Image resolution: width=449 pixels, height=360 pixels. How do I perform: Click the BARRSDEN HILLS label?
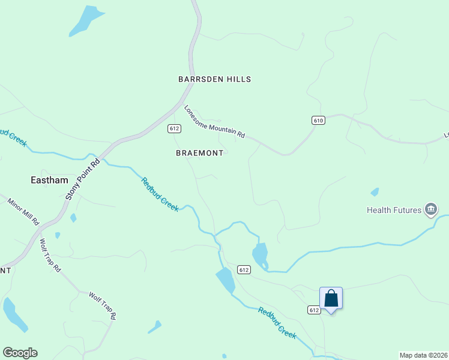(x=214, y=79)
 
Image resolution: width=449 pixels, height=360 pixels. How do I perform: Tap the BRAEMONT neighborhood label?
(x=199, y=153)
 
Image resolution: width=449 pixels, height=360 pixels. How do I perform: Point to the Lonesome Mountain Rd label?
(x=215, y=122)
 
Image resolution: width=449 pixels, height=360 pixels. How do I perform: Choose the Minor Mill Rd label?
(x=23, y=211)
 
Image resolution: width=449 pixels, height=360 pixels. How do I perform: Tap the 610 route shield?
(x=318, y=121)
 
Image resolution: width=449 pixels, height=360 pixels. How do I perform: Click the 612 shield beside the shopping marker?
(x=314, y=310)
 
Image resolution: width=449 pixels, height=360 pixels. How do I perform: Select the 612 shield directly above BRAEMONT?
(x=175, y=128)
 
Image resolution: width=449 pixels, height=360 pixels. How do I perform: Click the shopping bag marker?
(x=331, y=298)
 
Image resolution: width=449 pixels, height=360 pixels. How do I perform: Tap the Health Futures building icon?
(x=430, y=209)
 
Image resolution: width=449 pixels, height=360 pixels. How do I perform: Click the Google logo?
(x=20, y=353)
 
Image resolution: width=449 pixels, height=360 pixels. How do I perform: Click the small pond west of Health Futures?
(x=375, y=192)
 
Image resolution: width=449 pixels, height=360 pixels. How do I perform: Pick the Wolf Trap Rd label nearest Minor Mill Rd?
(x=50, y=256)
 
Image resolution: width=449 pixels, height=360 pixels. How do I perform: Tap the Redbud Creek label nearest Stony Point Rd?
(x=160, y=194)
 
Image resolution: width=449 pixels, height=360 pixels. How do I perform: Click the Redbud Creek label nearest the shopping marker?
(x=277, y=323)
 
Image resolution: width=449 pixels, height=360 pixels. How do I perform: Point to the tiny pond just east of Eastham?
(x=73, y=218)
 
